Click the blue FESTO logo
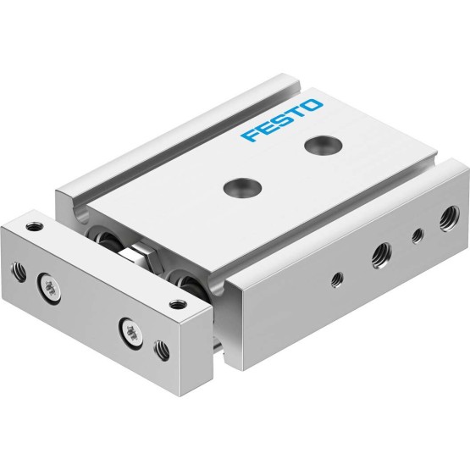pos(282,120)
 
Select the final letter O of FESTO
pos(312,106)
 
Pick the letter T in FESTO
pos(296,113)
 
